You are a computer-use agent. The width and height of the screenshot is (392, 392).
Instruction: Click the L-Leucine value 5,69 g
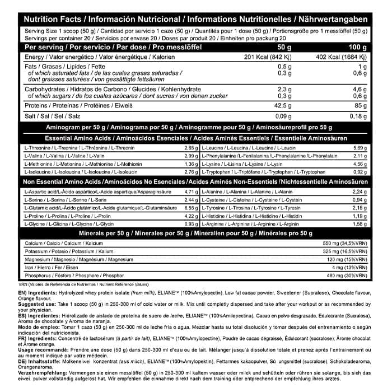358,147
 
